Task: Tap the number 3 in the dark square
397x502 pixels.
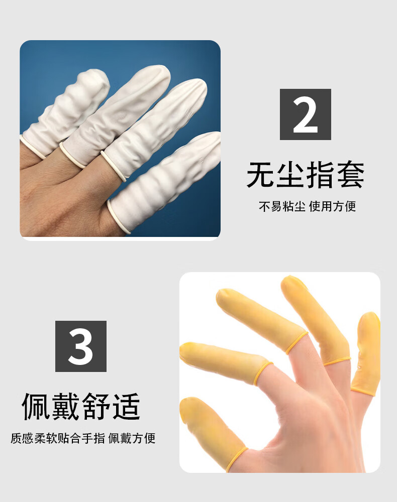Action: (80, 346)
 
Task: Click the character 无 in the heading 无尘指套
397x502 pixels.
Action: (261, 175)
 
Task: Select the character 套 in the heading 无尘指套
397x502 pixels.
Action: (351, 175)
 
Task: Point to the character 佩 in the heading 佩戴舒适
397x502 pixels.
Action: (36, 406)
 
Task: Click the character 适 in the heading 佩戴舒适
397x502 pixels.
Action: (126, 406)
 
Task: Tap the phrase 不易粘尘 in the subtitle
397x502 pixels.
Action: (282, 206)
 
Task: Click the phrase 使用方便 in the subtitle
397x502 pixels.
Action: (332, 206)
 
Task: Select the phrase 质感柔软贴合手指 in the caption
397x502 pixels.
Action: (58, 438)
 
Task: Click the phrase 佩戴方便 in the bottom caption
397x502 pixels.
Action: (132, 438)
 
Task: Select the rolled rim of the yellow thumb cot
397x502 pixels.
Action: (237, 458)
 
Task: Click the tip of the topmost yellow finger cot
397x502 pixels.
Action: (290, 281)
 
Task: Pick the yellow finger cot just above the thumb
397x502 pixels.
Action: (224, 362)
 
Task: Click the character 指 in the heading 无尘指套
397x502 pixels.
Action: (321, 175)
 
